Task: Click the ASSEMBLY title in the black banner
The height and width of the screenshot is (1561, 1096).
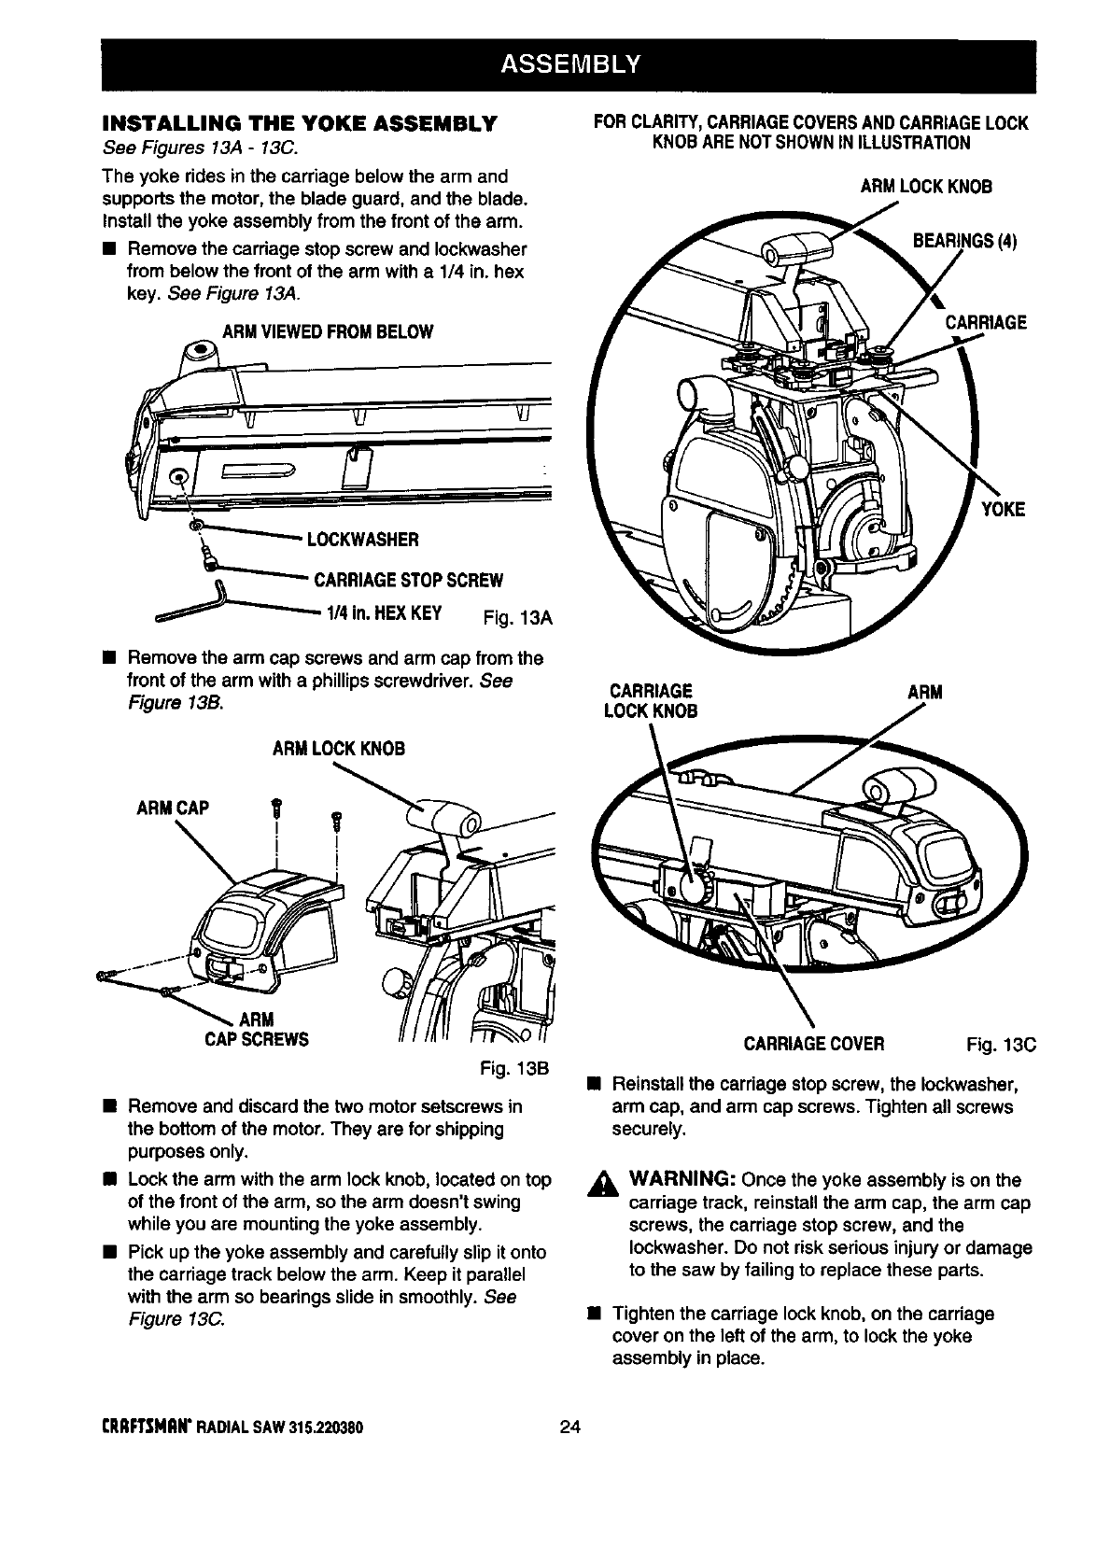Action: click(x=569, y=63)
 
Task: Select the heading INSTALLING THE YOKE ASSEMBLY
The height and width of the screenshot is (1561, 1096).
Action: click(x=302, y=124)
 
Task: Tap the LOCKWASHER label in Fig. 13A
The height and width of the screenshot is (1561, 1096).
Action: click(x=356, y=539)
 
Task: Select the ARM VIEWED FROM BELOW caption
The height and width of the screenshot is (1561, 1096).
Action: click(x=327, y=332)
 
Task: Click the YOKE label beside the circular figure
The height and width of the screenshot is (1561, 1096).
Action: click(x=1002, y=509)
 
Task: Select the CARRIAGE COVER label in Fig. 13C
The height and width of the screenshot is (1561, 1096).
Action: click(x=813, y=1043)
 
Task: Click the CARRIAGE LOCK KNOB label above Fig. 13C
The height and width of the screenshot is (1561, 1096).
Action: click(x=653, y=701)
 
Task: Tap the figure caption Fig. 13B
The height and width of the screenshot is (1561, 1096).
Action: click(x=513, y=1067)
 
